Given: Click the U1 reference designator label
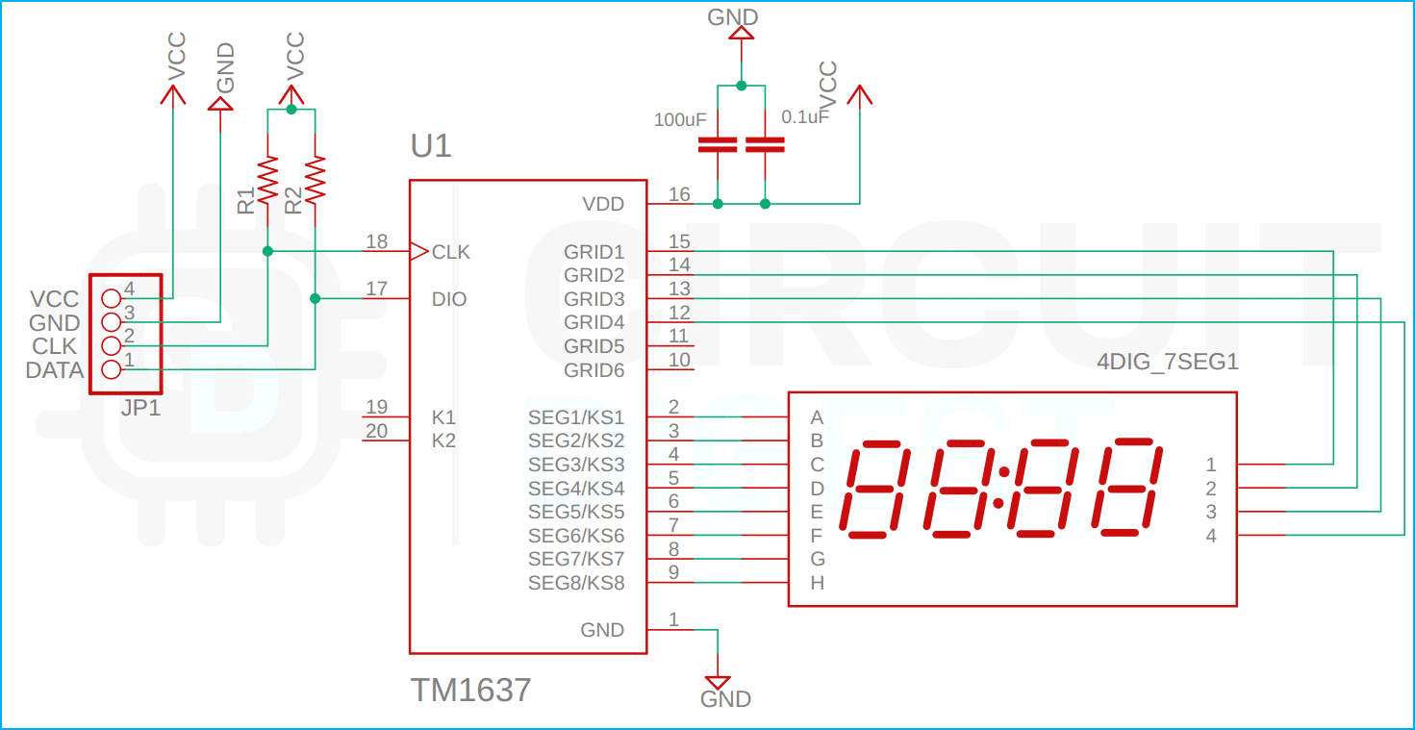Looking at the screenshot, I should pyautogui.click(x=430, y=146).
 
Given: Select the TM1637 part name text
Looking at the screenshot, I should pyautogui.click(x=470, y=690).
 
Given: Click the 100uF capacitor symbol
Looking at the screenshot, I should pyautogui.click(x=718, y=145).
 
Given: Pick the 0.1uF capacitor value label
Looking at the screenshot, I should pyautogui.click(x=805, y=117).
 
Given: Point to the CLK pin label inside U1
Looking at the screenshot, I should pyautogui.click(x=450, y=252).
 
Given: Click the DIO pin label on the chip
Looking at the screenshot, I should pyautogui.click(x=449, y=299).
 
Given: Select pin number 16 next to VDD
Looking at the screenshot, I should pyautogui.click(x=679, y=194).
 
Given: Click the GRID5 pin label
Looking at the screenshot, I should pyautogui.click(x=594, y=346).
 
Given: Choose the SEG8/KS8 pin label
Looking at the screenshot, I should pyautogui.click(x=576, y=583).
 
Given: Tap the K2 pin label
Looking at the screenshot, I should pyautogui.click(x=443, y=441).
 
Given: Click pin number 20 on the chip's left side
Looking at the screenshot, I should pyautogui.click(x=377, y=431).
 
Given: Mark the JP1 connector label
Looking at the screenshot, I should pyautogui.click(x=140, y=408).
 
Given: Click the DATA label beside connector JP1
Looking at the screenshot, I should pyautogui.click(x=55, y=370).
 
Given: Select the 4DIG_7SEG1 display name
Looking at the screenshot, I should pyautogui.click(x=1167, y=364).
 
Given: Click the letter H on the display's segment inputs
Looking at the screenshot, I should pyautogui.click(x=817, y=583).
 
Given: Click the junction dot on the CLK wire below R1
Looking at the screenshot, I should pyautogui.click(x=267, y=251).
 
